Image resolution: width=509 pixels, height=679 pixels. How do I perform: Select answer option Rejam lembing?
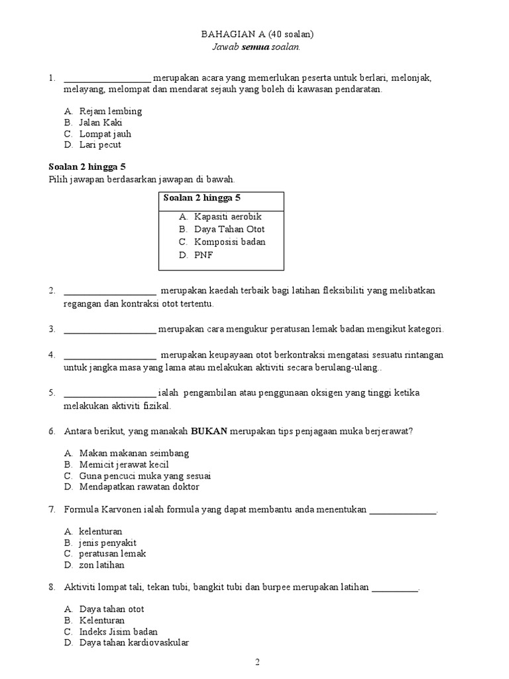click(110, 111)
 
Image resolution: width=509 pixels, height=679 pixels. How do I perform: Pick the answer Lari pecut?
click(100, 145)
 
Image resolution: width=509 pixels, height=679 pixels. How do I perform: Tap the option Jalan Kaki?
click(101, 122)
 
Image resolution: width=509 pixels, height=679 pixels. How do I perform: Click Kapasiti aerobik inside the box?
click(228, 217)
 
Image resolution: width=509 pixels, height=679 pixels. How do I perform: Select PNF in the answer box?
click(203, 255)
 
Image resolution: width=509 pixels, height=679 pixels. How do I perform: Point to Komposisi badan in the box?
click(229, 241)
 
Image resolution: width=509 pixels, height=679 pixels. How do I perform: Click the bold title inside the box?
click(201, 198)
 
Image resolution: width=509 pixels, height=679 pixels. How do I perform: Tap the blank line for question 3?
click(110, 330)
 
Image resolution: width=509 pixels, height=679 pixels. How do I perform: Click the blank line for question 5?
click(110, 393)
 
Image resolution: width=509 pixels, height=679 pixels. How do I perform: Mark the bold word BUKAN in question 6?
click(209, 431)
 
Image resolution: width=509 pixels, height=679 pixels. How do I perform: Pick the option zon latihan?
click(101, 565)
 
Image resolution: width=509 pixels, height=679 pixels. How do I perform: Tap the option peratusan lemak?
click(112, 554)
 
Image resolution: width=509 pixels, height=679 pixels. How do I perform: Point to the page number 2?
click(258, 662)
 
